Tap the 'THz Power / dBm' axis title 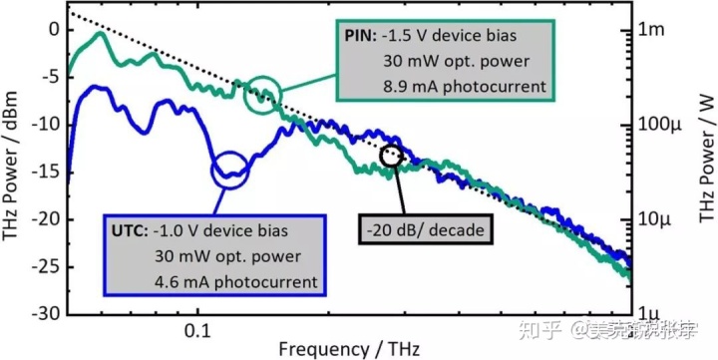pos(12,170)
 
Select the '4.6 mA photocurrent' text pos(235,280)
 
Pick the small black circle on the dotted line pos(391,155)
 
